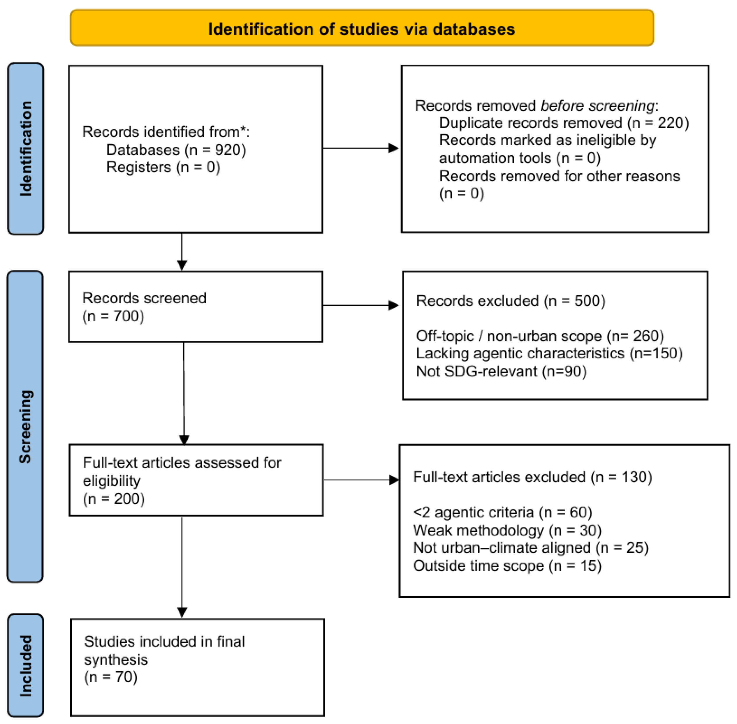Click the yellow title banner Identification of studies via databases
click(362, 29)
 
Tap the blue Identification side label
click(25, 149)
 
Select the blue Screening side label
click(25, 426)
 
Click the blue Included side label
click(25, 665)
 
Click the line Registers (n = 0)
click(163, 167)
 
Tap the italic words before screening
click(597, 105)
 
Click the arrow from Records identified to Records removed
click(360, 148)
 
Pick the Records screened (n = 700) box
click(196, 306)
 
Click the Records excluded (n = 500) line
click(510, 301)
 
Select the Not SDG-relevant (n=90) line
click(501, 371)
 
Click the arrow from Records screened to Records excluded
click(360, 305)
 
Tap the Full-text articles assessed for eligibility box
click(196, 480)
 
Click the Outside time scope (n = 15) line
click(507, 566)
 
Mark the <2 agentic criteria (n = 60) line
click(502, 512)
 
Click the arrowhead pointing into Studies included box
click(182, 612)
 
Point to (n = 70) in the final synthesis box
click(111, 677)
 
